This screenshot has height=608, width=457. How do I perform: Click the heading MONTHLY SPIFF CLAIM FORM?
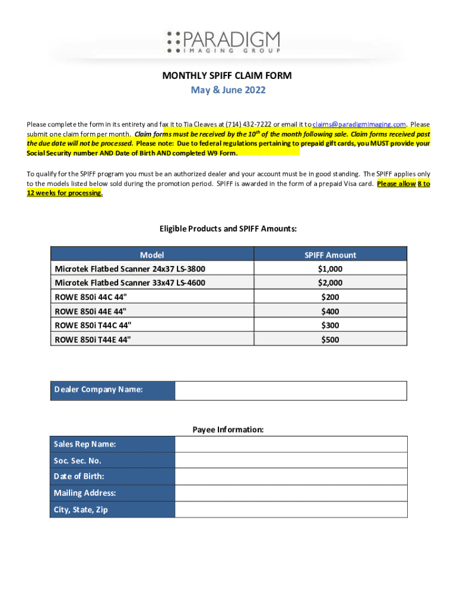coord(228,76)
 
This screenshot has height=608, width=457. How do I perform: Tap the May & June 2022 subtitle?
coord(228,90)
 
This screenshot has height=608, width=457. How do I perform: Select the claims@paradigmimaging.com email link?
coord(359,124)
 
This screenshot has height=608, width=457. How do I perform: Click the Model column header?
coord(152,255)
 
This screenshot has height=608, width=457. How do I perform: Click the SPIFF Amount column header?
coord(330,255)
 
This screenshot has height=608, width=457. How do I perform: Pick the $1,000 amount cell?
coord(330,269)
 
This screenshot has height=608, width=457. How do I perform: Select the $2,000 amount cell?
coord(330,283)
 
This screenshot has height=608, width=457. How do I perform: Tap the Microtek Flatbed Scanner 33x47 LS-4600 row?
coord(130,283)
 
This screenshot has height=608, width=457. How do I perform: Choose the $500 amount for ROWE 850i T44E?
coord(330,340)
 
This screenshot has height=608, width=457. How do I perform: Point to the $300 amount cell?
coord(330,325)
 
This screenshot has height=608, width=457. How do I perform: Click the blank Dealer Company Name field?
coord(291,390)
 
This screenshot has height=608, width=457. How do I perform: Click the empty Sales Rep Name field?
coord(291,444)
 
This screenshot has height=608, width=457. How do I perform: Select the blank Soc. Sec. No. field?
coord(291,460)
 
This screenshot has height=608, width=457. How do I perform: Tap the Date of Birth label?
coord(79,476)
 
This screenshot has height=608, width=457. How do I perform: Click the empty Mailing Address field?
coord(291,493)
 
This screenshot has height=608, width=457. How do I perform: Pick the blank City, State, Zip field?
coord(291,509)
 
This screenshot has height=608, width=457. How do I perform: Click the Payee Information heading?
coord(228,429)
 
